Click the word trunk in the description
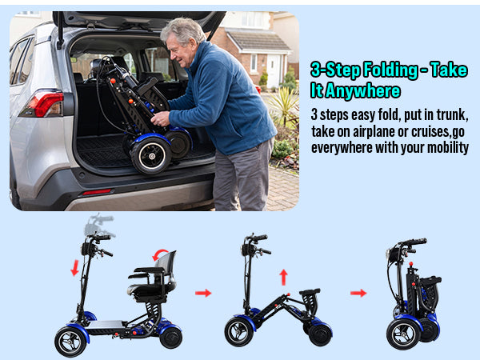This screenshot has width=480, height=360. point(452,114)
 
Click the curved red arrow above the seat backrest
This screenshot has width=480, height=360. point(159,254)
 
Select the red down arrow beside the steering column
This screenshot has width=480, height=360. point(74,268)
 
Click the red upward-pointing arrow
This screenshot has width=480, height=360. point(283,277)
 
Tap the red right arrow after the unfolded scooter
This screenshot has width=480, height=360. point(203,293)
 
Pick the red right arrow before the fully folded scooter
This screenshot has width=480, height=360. point(358,293)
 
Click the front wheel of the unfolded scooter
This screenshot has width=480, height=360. point(70,342)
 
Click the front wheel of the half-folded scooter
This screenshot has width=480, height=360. point(238,332)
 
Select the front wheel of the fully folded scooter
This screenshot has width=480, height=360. point(403,334)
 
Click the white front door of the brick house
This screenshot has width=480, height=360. point(274,70)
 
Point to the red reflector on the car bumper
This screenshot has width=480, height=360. point(97,192)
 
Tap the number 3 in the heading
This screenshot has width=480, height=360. point(316,70)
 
